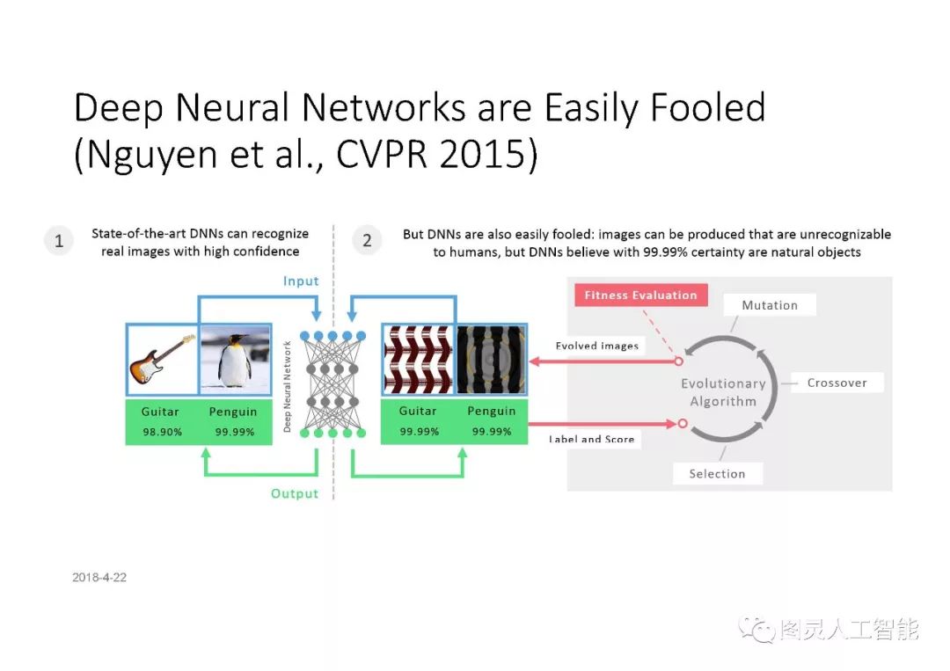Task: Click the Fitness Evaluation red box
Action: (640, 295)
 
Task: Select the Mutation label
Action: (770, 305)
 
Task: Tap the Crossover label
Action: (837, 383)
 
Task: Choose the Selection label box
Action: (717, 473)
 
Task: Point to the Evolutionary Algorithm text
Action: (723, 392)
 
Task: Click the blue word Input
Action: (301, 281)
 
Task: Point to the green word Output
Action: (295, 493)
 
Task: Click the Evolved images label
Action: (596, 346)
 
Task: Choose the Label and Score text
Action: (591, 439)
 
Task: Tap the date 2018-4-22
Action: (99, 578)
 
